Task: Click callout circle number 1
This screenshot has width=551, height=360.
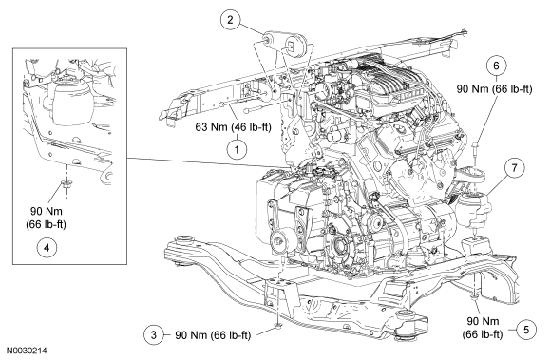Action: (x=237, y=150)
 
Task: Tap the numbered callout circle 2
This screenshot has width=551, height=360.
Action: (x=230, y=20)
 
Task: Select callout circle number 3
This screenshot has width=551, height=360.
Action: (x=154, y=335)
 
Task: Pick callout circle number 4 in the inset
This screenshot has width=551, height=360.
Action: (x=47, y=248)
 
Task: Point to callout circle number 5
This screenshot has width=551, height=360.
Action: (x=526, y=330)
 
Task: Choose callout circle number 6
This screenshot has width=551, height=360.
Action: (x=496, y=66)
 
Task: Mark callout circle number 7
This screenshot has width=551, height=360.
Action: (x=515, y=168)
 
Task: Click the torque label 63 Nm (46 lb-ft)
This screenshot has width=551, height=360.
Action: (x=234, y=126)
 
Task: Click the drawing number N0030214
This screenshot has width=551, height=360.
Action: (x=27, y=351)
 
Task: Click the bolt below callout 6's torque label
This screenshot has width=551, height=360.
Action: (x=475, y=148)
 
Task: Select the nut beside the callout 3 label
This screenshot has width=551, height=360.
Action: (x=277, y=327)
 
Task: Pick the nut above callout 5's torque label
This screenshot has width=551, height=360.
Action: (x=474, y=298)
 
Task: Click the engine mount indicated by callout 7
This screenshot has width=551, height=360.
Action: (x=473, y=207)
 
